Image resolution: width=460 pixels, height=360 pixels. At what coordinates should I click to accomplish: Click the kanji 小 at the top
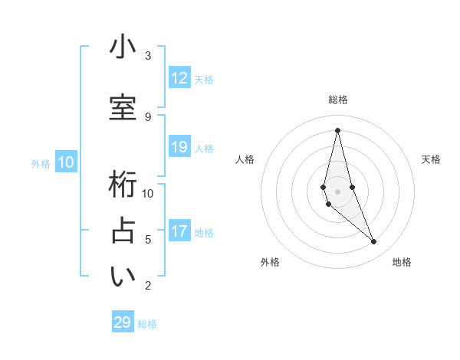pyautogui.click(x=123, y=48)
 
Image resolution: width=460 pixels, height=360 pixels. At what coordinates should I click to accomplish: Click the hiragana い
pyautogui.click(x=123, y=277)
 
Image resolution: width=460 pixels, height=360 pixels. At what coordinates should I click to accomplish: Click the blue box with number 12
pyautogui.click(x=179, y=78)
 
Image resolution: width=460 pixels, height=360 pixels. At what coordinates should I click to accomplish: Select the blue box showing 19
pyautogui.click(x=179, y=147)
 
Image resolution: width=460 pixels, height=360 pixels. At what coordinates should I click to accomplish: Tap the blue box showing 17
pyautogui.click(x=179, y=231)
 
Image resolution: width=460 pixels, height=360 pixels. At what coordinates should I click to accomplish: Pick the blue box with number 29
pyautogui.click(x=123, y=322)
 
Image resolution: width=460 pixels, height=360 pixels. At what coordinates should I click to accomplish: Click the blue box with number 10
pyautogui.click(x=66, y=162)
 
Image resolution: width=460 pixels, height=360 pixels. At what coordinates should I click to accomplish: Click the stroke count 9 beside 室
pyautogui.click(x=148, y=116)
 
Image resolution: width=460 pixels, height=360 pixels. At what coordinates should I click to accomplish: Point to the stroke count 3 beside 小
pyautogui.click(x=148, y=55)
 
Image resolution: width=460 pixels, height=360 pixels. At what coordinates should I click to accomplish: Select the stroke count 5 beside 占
pyautogui.click(x=148, y=239)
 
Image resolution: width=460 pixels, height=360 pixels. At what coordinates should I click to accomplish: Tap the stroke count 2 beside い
pyautogui.click(x=148, y=286)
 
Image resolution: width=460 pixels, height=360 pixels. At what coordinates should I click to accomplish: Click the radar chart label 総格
pyautogui.click(x=337, y=100)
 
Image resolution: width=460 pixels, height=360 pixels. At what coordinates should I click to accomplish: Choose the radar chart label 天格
pyautogui.click(x=431, y=159)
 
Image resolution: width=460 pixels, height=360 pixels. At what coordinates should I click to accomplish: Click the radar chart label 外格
pyautogui.click(x=270, y=262)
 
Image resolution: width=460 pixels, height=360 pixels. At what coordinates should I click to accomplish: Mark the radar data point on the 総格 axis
pyautogui.click(x=337, y=130)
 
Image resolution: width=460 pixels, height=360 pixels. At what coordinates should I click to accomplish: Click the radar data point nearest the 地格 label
pyautogui.click(x=374, y=242)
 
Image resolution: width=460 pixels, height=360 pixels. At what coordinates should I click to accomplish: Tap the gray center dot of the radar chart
pyautogui.click(x=337, y=191)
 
